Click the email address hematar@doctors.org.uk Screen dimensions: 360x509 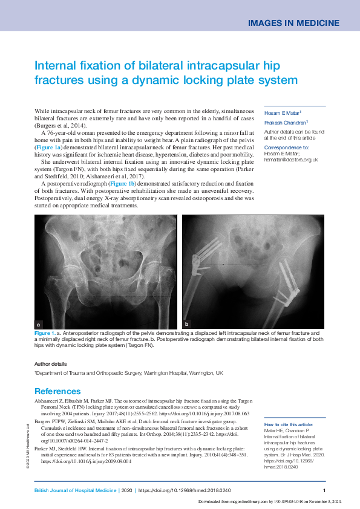click(x=291, y=159)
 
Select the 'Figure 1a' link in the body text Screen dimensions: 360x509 click(x=48, y=147)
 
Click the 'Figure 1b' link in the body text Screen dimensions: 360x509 click(x=123, y=183)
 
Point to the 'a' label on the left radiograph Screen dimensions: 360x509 click(x=39, y=324)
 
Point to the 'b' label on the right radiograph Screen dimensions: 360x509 click(x=186, y=324)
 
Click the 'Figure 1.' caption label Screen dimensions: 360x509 click(x=46, y=333)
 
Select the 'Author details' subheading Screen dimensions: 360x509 click(x=51, y=364)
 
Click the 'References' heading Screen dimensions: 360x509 click(x=57, y=391)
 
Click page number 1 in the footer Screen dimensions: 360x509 click(x=325, y=491)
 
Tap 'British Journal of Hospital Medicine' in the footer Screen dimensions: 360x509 click(x=75, y=491)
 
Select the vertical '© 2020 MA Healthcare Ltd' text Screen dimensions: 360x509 click(x=28, y=444)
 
